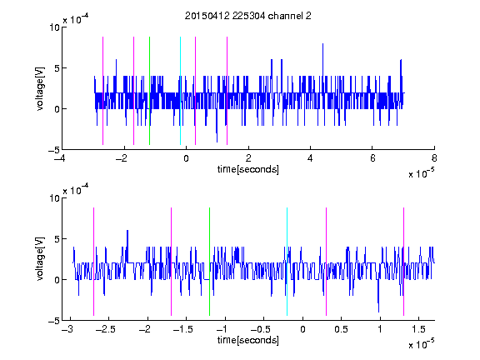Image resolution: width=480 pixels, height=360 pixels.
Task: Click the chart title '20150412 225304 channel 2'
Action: (x=248, y=16)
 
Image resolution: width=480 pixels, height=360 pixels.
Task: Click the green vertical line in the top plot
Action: (x=149, y=91)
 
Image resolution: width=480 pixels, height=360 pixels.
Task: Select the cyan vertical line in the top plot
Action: (x=180, y=91)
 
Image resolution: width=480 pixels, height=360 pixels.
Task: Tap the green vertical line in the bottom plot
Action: (x=209, y=262)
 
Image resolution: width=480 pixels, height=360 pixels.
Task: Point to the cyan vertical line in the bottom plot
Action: (x=287, y=262)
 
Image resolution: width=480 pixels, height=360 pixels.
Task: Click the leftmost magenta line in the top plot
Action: (x=102, y=91)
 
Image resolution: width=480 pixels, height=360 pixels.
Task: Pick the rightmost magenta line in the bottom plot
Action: (x=403, y=262)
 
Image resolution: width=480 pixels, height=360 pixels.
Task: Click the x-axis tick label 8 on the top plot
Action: (x=434, y=158)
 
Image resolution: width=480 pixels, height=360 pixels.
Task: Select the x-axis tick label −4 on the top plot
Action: (x=59, y=158)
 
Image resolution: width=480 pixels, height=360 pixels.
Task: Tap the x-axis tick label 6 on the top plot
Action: (x=372, y=158)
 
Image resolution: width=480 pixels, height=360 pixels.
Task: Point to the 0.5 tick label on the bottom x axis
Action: (x=342, y=329)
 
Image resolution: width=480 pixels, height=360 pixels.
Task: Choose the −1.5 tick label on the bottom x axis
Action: (x=183, y=329)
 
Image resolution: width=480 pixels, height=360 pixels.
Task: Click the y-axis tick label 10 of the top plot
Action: (x=54, y=27)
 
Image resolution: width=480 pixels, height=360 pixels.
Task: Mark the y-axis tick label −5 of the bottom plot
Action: (x=54, y=321)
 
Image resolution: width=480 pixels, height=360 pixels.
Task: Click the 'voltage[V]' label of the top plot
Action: (x=40, y=89)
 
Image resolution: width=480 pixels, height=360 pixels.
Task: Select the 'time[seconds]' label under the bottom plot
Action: (x=248, y=340)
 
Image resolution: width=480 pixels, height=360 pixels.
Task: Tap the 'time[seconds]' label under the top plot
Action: (x=248, y=169)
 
